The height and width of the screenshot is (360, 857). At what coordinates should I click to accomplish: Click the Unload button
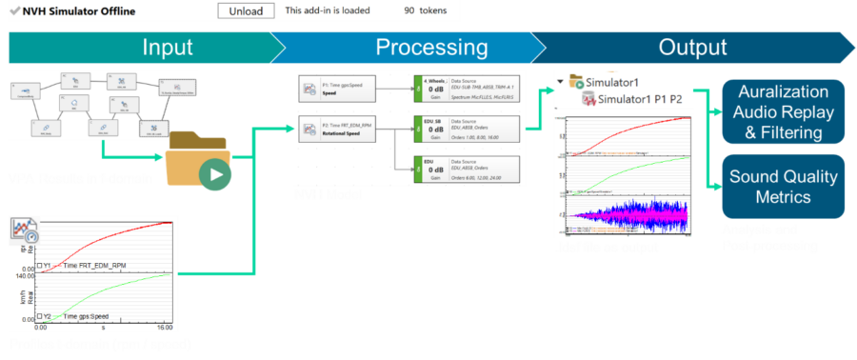click(246, 11)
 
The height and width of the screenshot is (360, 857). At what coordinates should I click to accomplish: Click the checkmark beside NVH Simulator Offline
click(13, 11)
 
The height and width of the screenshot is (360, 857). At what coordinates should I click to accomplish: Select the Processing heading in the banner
click(431, 48)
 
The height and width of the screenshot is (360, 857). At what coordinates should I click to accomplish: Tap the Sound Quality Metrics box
click(784, 186)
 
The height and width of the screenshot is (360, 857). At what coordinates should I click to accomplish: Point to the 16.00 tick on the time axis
click(163, 326)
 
